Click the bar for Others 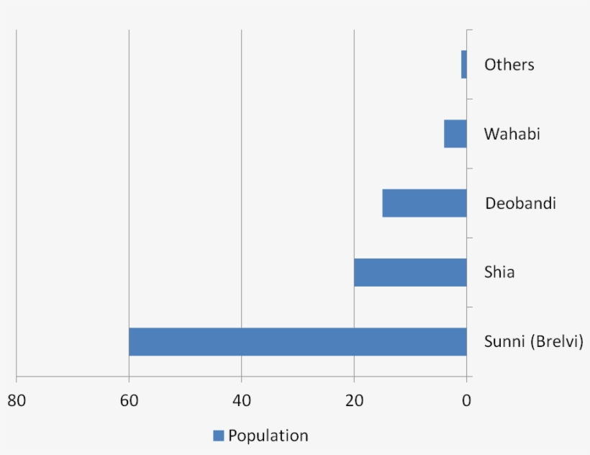[464, 64]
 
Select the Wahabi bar [455, 134]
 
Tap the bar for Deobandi [425, 203]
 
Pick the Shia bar [410, 272]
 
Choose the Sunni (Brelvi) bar [297, 342]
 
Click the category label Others [509, 65]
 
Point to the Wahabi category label [512, 134]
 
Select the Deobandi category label [520, 204]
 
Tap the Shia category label [499, 273]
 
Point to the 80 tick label [17, 401]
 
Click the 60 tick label [129, 401]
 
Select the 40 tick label [241, 401]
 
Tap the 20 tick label [354, 401]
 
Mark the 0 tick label [466, 401]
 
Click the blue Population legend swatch [219, 436]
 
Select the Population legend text [268, 436]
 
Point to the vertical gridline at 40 [241, 180]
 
